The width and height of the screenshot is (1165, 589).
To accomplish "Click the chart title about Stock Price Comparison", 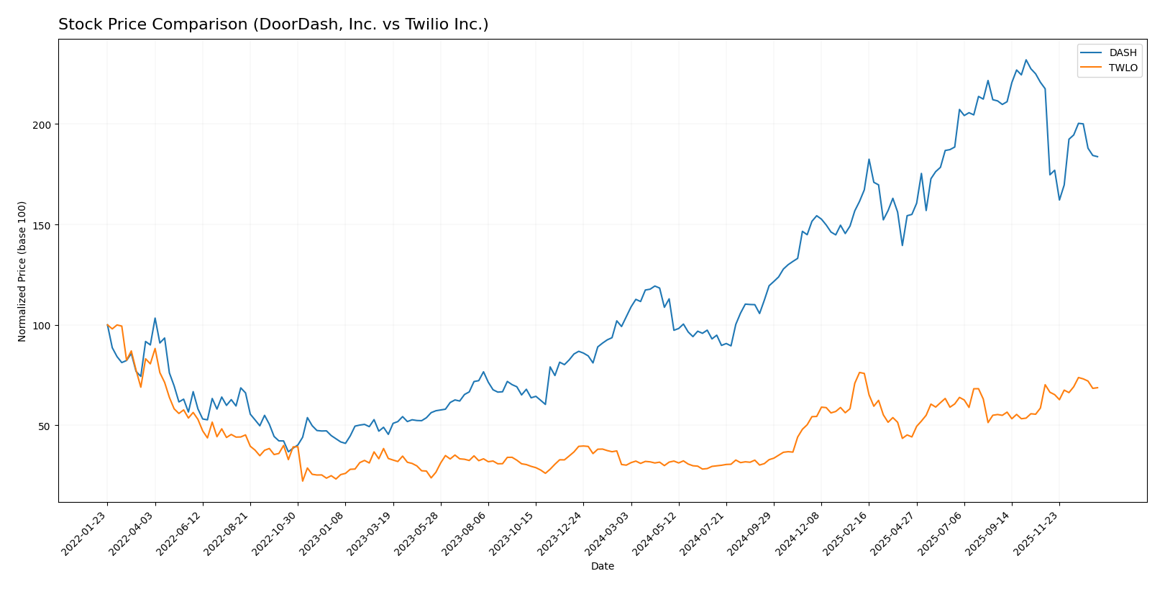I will tap(273, 24).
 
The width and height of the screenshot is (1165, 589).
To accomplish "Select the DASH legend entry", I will tap(1123, 52).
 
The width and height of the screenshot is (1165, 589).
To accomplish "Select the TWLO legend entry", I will tap(1123, 68).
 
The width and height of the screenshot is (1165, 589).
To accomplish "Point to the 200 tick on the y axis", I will tap(43, 124).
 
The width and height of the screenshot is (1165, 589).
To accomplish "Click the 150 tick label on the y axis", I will tap(43, 225).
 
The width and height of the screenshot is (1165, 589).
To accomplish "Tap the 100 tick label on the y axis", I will tap(43, 325).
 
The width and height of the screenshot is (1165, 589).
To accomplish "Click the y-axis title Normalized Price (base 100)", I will tap(22, 271).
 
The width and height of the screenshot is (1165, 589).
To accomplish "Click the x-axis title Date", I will tap(602, 566).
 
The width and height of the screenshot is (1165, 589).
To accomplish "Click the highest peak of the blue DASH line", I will tap(1025, 60).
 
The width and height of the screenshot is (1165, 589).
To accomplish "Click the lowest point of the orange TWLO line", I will tap(303, 480).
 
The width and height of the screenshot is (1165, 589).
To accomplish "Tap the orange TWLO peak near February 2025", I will tap(859, 373).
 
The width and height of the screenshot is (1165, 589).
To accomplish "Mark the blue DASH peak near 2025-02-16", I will tap(869, 160).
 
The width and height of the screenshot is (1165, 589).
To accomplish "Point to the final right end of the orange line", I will tap(1097, 388).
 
